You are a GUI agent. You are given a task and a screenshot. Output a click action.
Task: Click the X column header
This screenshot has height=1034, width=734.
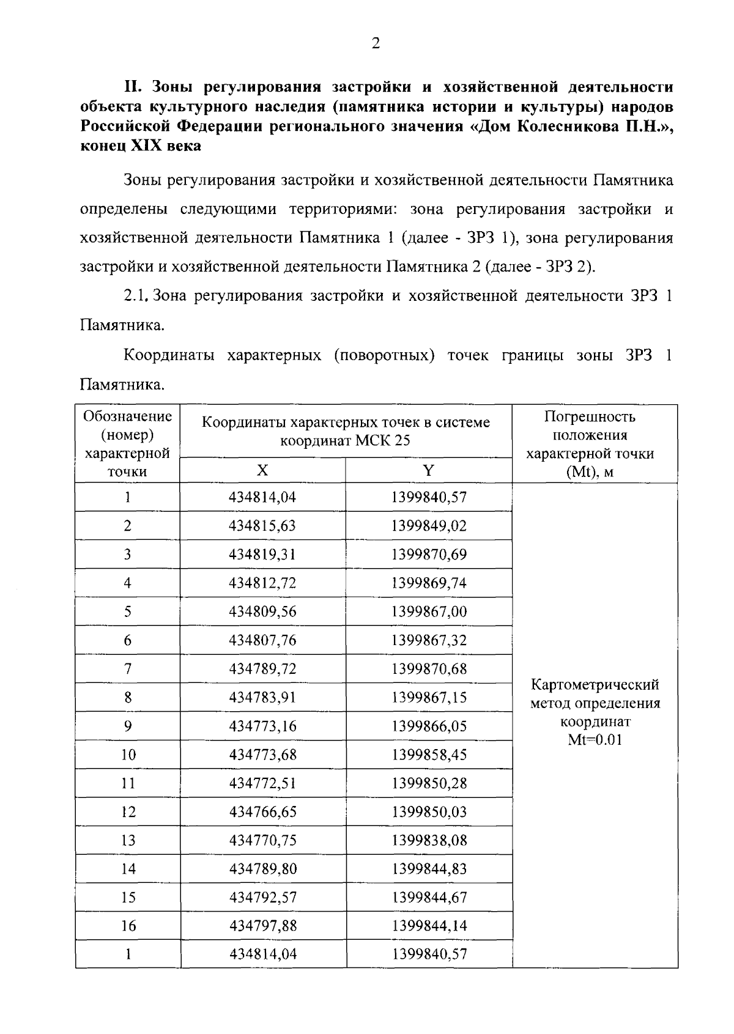click(x=262, y=470)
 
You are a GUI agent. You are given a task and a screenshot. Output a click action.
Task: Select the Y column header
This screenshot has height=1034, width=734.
click(x=428, y=470)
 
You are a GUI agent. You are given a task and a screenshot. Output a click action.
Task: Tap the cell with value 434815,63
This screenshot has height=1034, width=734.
click(x=262, y=526)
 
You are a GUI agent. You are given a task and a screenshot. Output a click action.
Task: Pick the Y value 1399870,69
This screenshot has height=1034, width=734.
click(x=429, y=555)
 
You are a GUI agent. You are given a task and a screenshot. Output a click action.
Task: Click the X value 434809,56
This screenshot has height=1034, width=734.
click(x=262, y=611)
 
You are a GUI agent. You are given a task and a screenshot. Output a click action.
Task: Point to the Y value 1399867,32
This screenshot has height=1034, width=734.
click(x=429, y=640)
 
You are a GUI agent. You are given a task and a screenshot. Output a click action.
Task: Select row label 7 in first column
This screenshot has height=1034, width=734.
click(x=127, y=669)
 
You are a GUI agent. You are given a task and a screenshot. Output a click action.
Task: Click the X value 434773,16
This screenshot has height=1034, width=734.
click(x=262, y=726)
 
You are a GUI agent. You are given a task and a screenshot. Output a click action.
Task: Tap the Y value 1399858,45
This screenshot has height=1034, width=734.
click(x=429, y=755)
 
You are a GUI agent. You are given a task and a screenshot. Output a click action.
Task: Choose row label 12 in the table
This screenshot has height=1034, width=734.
click(x=128, y=812)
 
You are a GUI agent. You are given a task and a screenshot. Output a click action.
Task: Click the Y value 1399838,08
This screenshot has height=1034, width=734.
click(x=429, y=841)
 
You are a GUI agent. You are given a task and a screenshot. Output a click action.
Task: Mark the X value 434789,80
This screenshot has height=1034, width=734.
click(x=262, y=869)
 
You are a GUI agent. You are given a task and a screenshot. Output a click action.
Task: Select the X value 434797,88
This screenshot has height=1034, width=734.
click(x=262, y=926)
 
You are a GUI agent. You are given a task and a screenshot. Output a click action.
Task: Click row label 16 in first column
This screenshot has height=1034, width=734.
click(x=128, y=926)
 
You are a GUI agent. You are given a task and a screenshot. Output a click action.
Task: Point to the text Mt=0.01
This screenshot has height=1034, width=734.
click(x=595, y=740)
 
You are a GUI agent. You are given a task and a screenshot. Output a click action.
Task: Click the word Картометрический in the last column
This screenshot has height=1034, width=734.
click(x=595, y=684)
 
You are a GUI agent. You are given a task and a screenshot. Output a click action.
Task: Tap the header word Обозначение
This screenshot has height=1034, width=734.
click(x=127, y=417)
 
